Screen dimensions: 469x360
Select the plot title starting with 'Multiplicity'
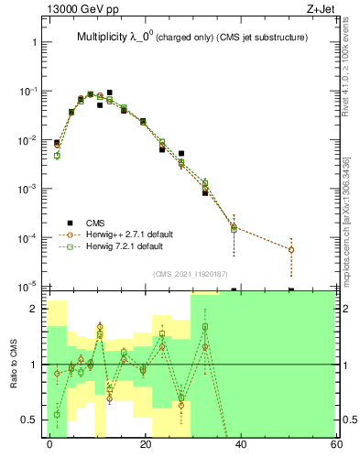[x=191, y=38]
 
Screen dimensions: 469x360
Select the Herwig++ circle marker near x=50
[x=290, y=249]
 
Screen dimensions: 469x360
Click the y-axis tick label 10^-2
[x=27, y=140]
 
